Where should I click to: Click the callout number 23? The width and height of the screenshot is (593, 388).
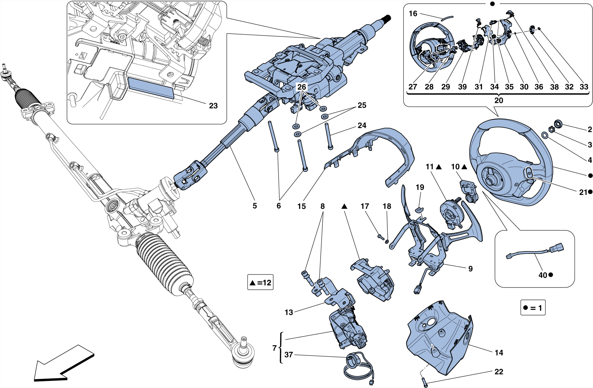[x=213, y=106]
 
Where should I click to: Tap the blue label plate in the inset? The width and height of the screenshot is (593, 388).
[x=151, y=87]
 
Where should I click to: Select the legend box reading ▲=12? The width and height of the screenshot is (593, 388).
[x=260, y=282]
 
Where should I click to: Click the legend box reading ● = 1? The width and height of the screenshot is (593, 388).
[x=533, y=308]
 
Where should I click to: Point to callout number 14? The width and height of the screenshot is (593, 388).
[x=499, y=353]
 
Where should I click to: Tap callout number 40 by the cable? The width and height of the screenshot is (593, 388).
[x=542, y=275]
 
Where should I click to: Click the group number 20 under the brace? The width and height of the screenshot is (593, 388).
[x=499, y=100]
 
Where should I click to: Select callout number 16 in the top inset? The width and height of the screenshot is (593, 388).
[x=413, y=14]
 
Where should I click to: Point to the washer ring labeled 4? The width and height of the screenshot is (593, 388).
[x=544, y=135]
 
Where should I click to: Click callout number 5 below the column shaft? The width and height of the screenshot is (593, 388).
[x=255, y=206]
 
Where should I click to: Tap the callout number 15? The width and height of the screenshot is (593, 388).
[x=301, y=206]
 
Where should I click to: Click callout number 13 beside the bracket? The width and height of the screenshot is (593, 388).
[x=289, y=312]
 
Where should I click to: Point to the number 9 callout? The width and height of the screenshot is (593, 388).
[x=470, y=269]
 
